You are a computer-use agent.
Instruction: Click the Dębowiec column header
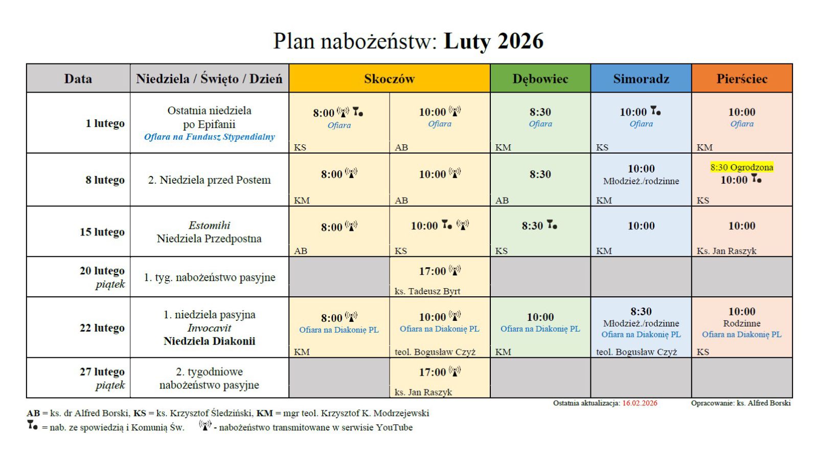[x=540, y=79]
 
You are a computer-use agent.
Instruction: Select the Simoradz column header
[x=641, y=79]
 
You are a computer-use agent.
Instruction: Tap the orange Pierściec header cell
[x=741, y=79]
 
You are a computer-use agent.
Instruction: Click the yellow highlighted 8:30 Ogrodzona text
[x=741, y=167]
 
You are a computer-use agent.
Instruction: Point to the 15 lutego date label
[x=102, y=232]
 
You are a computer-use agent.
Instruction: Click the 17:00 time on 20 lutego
[x=433, y=271]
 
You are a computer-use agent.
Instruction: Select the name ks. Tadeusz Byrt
[x=427, y=291]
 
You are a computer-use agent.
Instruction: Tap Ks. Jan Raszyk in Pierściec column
[x=726, y=251]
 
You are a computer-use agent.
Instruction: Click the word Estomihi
[x=209, y=225]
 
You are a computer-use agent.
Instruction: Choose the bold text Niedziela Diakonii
[x=209, y=341]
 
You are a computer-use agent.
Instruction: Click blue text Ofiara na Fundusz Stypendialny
[x=209, y=137]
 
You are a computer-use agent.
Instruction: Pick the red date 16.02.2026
[x=639, y=403]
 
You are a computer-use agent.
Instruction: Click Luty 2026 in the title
[x=493, y=41]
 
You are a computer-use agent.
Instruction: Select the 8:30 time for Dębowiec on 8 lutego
[x=540, y=175]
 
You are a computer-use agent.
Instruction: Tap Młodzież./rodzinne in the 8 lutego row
[x=641, y=181]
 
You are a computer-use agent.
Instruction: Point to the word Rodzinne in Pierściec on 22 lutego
[x=741, y=323]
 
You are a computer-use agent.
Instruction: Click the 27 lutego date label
[x=102, y=372]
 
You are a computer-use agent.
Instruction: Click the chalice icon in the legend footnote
[x=32, y=425]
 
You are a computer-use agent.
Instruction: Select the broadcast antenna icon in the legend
[x=205, y=425]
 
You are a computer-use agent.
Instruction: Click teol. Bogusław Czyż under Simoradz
[x=636, y=352]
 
